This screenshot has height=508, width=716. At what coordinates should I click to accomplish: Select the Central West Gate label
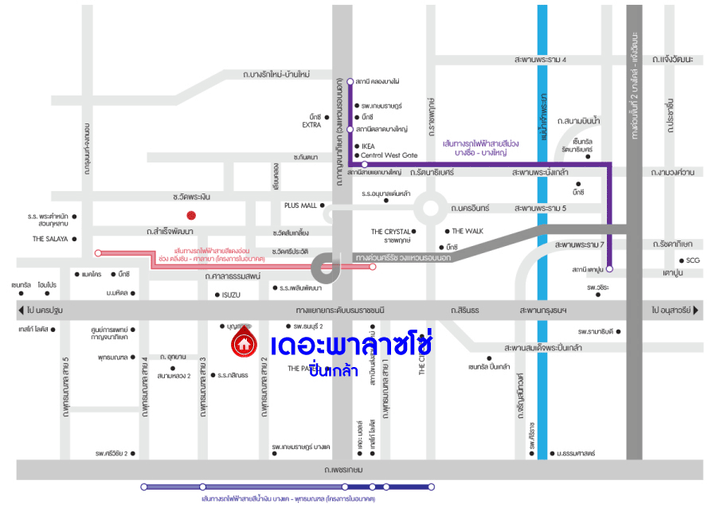click(x=389, y=155)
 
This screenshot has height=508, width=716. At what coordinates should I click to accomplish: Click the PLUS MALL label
click(x=299, y=205)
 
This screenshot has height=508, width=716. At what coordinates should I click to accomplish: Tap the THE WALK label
click(x=468, y=231)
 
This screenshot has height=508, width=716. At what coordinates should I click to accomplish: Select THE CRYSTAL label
click(x=390, y=232)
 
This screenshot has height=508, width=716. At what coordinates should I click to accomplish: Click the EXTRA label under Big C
click(x=311, y=125)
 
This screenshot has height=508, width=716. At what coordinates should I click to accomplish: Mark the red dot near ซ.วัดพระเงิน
click(x=191, y=215)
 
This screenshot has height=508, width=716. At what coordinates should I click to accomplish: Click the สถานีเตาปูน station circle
click(x=609, y=269)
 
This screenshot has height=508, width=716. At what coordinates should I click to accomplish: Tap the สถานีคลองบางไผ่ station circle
click(x=350, y=81)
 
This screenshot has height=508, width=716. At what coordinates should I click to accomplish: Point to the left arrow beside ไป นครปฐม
click(x=20, y=310)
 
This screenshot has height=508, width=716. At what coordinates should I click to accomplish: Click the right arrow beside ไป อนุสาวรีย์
click(x=696, y=310)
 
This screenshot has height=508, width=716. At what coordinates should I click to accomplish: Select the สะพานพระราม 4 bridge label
click(x=540, y=60)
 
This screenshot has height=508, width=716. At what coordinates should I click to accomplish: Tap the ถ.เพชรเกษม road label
click(x=344, y=470)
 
